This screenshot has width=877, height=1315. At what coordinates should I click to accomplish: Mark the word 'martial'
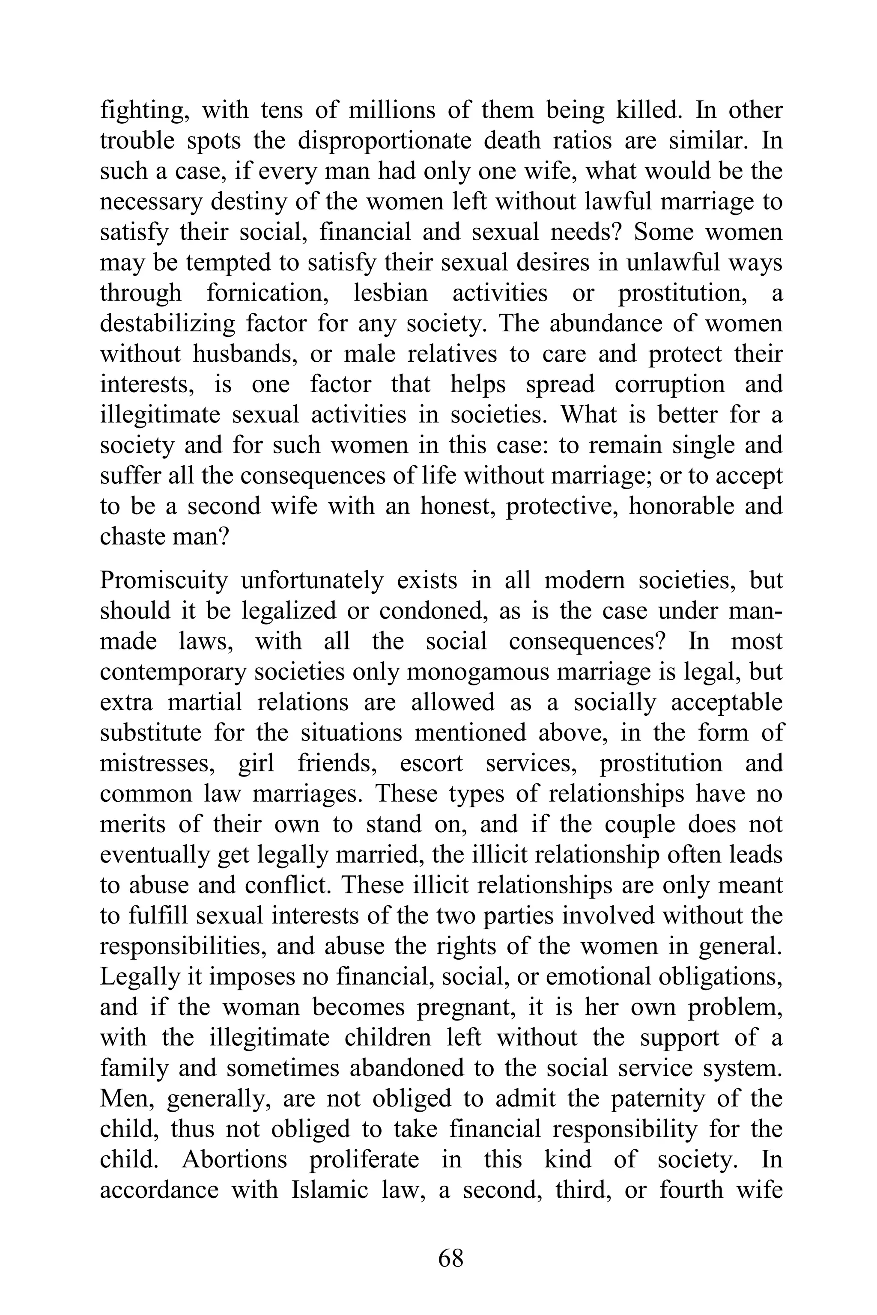(205, 702)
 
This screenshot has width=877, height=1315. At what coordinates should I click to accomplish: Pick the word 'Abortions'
(234, 1160)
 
